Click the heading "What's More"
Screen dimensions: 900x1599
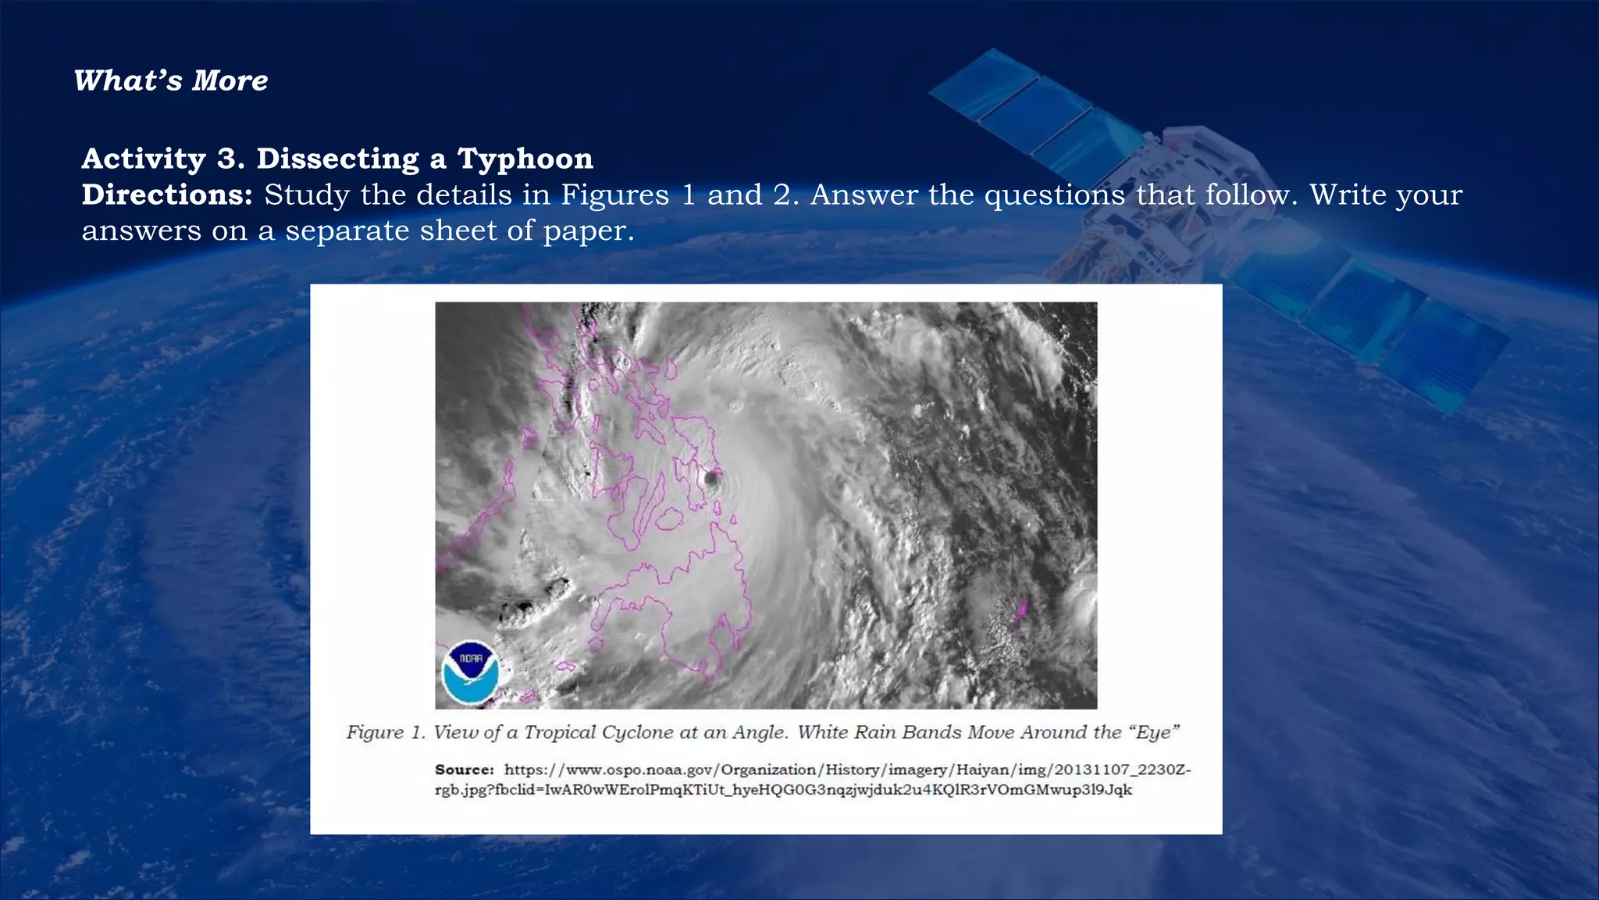[x=171, y=80]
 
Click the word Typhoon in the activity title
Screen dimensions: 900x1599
[x=525, y=159]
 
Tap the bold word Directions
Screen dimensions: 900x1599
[x=167, y=195]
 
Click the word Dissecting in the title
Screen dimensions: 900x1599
[x=338, y=159]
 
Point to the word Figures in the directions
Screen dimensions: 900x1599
[x=615, y=195]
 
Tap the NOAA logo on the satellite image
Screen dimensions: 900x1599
[x=470, y=673]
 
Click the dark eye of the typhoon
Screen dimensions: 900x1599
[x=711, y=477]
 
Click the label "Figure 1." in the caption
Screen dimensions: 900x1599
[x=386, y=732]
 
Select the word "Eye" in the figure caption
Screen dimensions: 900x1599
[x=1153, y=732]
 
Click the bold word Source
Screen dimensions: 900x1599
[x=464, y=770]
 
